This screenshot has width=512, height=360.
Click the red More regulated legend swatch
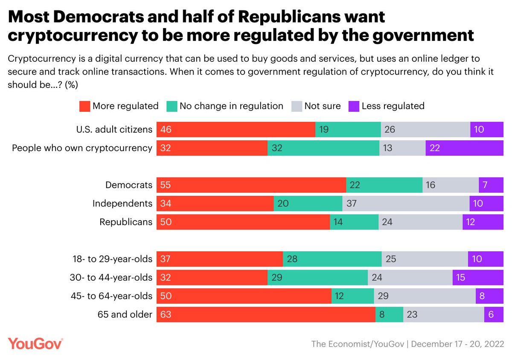[85, 106]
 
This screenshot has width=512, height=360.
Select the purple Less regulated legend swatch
[354, 106]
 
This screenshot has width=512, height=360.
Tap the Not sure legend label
[322, 106]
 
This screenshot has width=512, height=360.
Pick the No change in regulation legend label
[231, 106]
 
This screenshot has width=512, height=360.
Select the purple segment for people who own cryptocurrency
[464, 148]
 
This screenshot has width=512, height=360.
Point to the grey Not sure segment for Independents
[406, 203]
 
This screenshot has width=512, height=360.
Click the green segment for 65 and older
[389, 315]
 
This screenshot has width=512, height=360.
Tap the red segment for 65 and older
[266, 315]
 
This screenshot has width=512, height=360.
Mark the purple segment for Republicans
[483, 222]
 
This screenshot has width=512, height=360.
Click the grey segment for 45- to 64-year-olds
[425, 296]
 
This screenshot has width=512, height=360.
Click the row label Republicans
[125, 222]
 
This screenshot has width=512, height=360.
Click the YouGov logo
[35, 344]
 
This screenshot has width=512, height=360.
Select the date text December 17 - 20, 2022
[457, 344]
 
